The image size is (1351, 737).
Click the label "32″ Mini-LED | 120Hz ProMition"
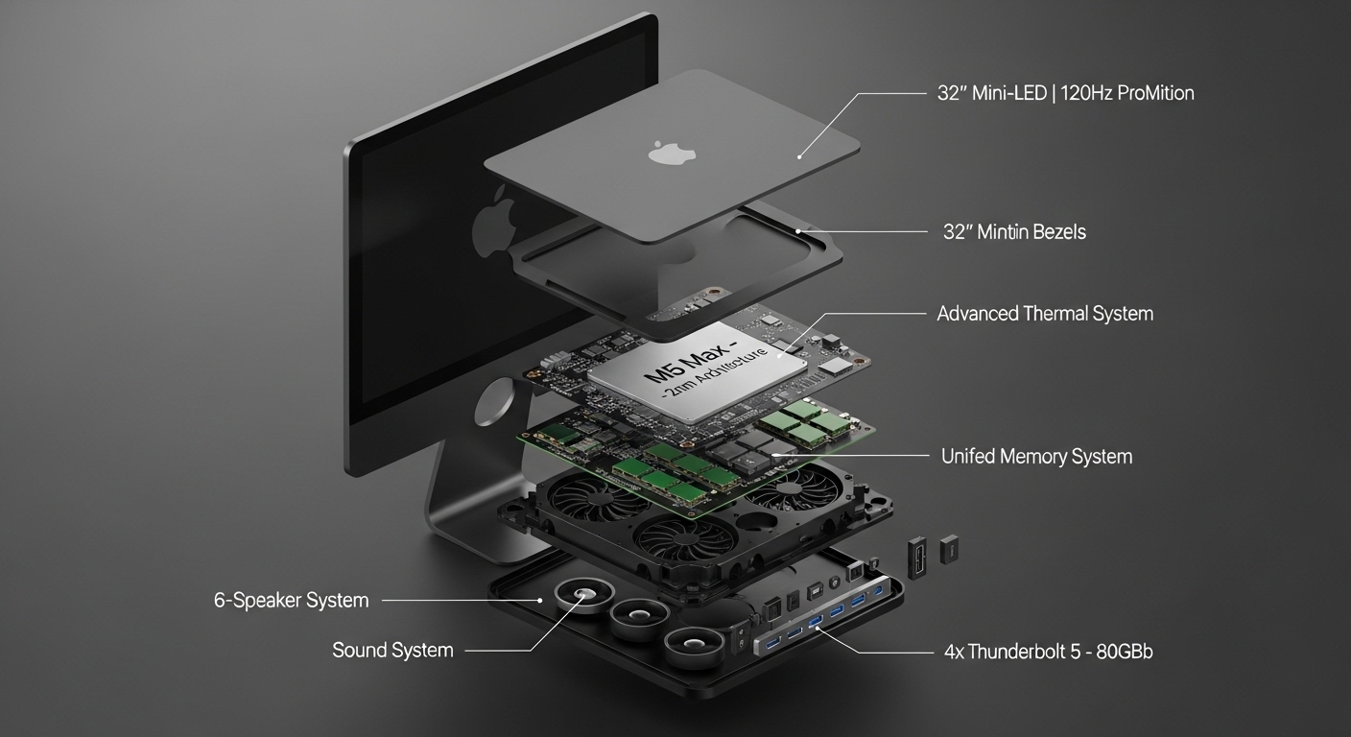click(x=1065, y=93)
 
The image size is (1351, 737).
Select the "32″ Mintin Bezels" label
click(x=1014, y=232)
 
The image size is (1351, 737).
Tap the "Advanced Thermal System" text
click(x=1045, y=314)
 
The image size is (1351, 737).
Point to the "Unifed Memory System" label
click(x=1037, y=457)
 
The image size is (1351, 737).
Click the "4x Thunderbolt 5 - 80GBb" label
click(x=1048, y=652)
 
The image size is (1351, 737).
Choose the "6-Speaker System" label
click(x=292, y=601)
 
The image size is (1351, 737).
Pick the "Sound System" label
click(x=392, y=650)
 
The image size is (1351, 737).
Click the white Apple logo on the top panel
click(x=672, y=152)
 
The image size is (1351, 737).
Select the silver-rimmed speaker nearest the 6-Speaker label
click(x=584, y=595)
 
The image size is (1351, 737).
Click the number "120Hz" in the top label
click(x=1085, y=93)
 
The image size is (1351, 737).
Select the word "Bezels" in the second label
click(x=1059, y=232)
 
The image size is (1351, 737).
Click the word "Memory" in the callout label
click(x=1032, y=457)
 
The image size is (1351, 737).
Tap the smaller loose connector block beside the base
click(x=949, y=549)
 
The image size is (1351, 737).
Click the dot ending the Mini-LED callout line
click(x=799, y=157)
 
